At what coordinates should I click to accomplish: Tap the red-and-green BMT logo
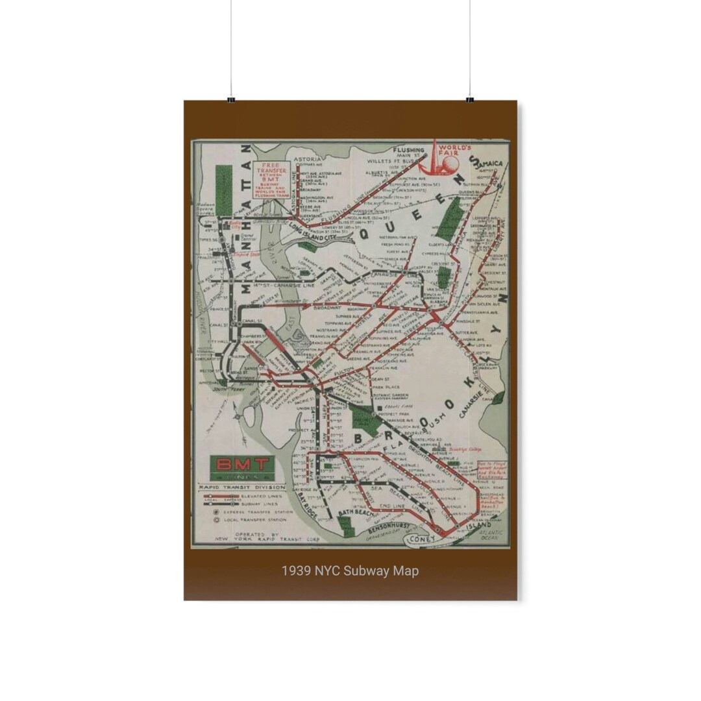(242, 465)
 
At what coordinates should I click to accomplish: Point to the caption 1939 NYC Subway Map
(350, 571)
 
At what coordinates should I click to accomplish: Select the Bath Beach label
(357, 513)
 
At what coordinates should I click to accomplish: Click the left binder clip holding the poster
(230, 99)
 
